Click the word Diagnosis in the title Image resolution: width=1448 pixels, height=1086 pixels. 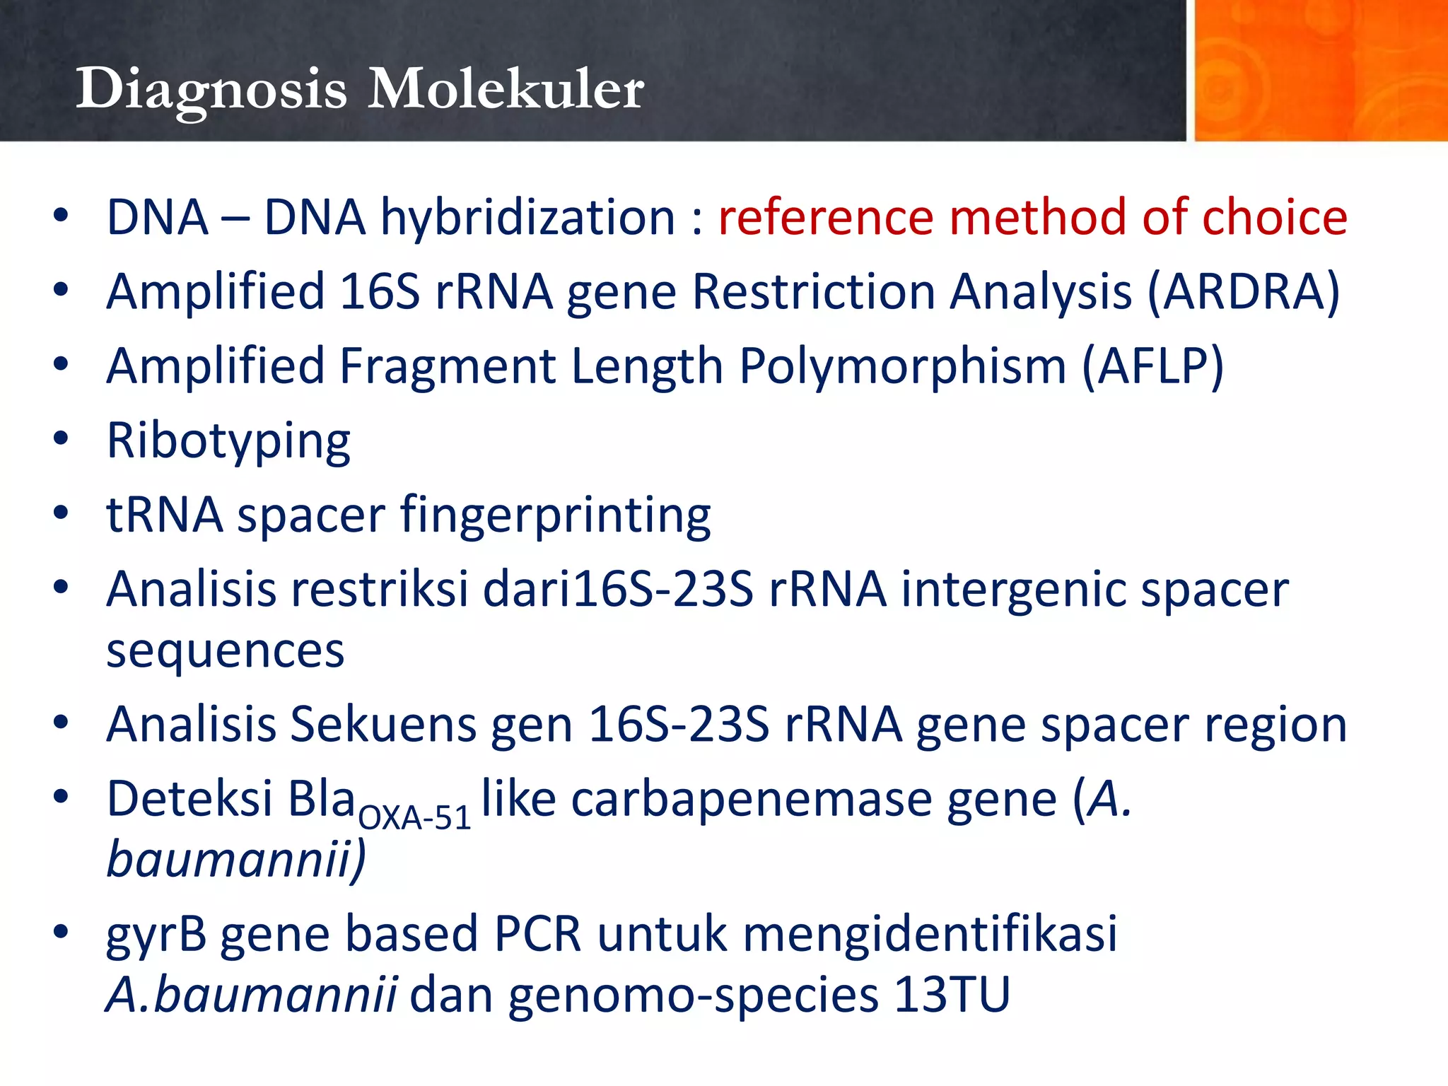211,90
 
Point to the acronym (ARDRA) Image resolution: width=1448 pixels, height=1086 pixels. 1243,292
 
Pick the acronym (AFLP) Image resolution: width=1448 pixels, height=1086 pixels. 1152,366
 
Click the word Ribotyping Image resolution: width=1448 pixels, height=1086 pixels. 228,441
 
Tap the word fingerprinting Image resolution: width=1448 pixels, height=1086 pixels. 556,515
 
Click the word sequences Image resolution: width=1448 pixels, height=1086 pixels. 225,651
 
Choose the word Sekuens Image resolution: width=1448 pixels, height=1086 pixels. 383,725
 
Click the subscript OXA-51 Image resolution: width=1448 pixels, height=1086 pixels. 414,819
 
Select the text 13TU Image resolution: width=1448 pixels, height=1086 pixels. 952,995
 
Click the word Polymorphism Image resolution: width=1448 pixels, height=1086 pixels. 902,366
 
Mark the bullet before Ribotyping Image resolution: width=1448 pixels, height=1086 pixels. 61,439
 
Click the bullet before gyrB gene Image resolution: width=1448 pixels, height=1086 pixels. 61,932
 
